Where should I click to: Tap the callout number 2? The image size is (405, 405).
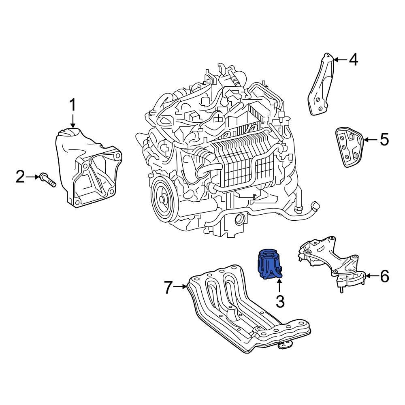[x=20, y=177]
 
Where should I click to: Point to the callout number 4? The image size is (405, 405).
[x=353, y=60]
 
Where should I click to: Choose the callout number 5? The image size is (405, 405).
[x=384, y=140]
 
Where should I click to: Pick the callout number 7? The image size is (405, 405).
[x=169, y=288]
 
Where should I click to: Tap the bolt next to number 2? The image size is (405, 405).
[x=47, y=180]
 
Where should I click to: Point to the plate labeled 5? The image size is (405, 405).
[x=349, y=147]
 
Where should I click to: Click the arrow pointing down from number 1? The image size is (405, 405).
[x=72, y=122]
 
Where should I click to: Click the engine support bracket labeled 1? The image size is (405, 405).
[x=89, y=170]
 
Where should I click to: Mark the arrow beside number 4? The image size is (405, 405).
[x=340, y=60]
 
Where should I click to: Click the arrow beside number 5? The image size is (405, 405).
[x=371, y=140]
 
